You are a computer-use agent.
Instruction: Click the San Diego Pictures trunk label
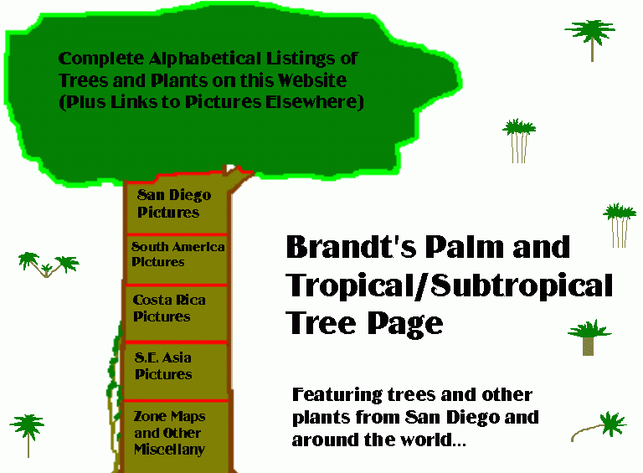[174, 203]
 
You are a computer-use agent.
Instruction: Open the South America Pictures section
[178, 254]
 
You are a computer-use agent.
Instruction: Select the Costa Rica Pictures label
[169, 308]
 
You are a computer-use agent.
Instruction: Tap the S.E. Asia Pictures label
[163, 366]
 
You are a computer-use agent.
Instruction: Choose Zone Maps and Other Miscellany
[169, 433]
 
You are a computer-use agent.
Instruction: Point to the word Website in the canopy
[312, 80]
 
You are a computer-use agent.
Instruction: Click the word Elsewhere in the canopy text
[315, 102]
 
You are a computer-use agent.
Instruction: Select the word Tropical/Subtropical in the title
[449, 285]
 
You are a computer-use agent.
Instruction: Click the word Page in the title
[405, 324]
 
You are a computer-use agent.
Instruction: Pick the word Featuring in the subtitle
[337, 395]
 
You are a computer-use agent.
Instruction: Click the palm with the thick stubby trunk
[589, 337]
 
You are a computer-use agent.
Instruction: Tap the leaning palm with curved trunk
[599, 427]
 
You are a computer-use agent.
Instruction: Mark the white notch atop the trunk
[230, 169]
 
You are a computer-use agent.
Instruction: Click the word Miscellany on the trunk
[169, 450]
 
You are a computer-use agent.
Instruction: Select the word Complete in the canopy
[101, 59]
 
